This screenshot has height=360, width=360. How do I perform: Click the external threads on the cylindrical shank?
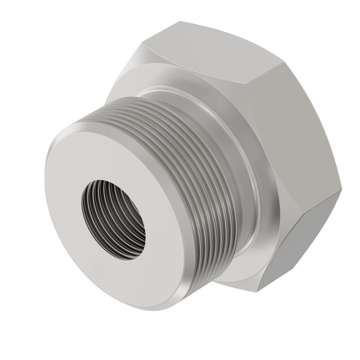click(x=180, y=144)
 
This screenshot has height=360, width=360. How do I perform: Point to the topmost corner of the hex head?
click(x=180, y=21)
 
